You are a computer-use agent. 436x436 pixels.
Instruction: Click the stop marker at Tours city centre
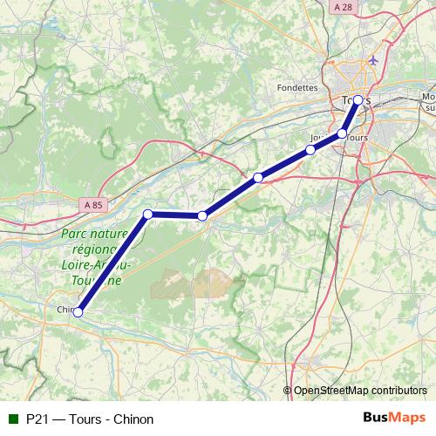click(358, 99)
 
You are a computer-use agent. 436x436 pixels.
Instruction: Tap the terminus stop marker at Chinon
click(78, 311)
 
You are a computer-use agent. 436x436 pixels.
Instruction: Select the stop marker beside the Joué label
click(310, 150)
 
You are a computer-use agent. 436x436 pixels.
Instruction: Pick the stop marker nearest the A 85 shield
click(148, 214)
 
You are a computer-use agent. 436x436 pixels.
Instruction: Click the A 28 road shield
click(344, 7)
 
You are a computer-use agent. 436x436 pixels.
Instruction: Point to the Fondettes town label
click(296, 87)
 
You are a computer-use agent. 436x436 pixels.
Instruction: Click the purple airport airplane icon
click(374, 60)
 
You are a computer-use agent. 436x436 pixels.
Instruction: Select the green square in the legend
click(12, 419)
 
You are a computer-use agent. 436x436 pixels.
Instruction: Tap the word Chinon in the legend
click(133, 419)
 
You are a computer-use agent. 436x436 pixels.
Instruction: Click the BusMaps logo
click(394, 419)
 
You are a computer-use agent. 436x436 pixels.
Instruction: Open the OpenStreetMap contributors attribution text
click(359, 391)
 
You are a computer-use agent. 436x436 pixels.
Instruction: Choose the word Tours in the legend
click(83, 419)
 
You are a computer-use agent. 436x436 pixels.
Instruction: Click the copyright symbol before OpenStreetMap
click(288, 391)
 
